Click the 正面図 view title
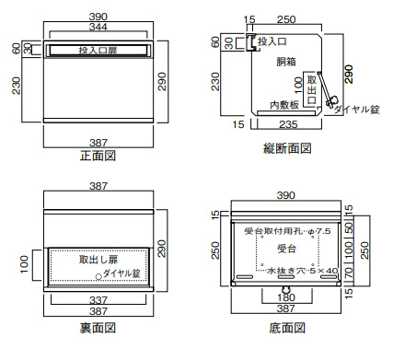(98, 156)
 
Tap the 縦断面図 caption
(287, 148)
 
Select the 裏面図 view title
(98, 328)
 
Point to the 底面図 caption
(287, 328)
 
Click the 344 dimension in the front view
(98, 27)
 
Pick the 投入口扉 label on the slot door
(98, 51)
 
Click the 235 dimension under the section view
(288, 124)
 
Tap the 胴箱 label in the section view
(286, 62)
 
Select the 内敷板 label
(284, 105)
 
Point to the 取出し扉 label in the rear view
(98, 260)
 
